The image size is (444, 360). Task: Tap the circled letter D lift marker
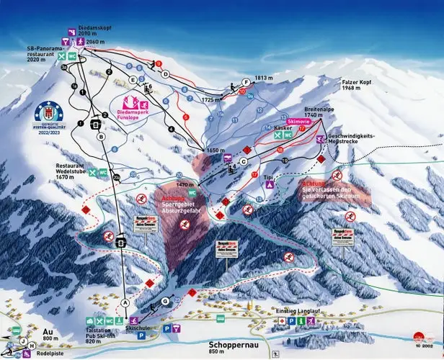[x=165, y=74]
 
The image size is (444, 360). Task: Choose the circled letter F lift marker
[x=246, y=83]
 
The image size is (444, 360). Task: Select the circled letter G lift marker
[x=165, y=300]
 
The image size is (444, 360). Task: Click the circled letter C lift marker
[x=244, y=161]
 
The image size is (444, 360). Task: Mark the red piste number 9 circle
[x=156, y=63]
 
